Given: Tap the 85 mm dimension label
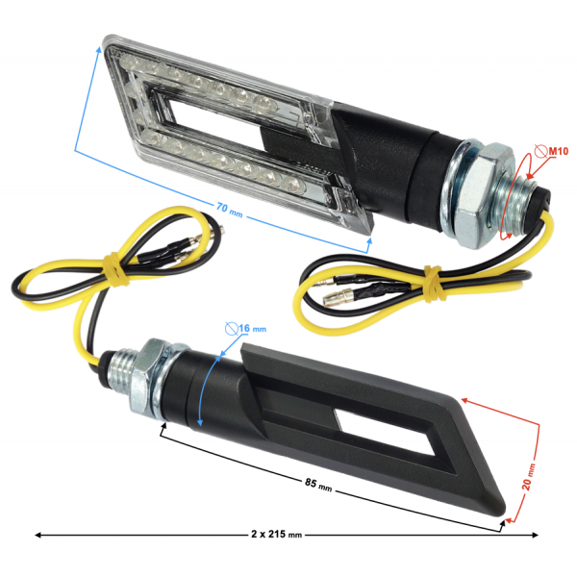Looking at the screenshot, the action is point(318,485).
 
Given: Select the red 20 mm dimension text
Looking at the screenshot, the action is point(529,477).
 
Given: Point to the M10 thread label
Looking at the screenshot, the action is point(558,151).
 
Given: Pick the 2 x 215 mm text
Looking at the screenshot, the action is point(276,534).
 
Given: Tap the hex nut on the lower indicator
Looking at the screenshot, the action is point(144,378).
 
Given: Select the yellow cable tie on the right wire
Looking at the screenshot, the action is point(432,283).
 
